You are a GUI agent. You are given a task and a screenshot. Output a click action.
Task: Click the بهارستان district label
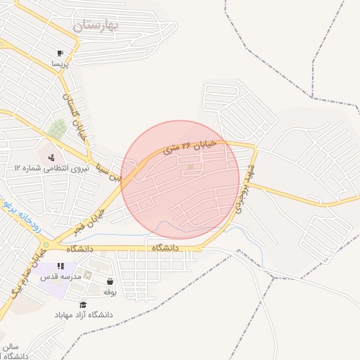[96, 26]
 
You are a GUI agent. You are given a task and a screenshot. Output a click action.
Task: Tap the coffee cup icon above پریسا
[60, 53]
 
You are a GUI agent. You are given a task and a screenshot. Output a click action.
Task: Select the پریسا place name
[60, 64]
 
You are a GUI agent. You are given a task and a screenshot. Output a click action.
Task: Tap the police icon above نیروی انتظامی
[51, 156]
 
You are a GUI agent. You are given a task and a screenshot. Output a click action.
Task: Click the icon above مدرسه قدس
[60, 266]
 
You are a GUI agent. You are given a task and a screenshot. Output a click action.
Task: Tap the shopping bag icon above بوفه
[110, 281]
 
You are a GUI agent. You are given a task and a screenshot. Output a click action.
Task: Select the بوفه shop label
[110, 292]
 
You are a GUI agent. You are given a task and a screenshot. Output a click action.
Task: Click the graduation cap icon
[84, 304]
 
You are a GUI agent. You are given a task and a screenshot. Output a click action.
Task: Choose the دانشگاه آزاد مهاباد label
[84, 315]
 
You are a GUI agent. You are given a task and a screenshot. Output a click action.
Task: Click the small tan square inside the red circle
[191, 167]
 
